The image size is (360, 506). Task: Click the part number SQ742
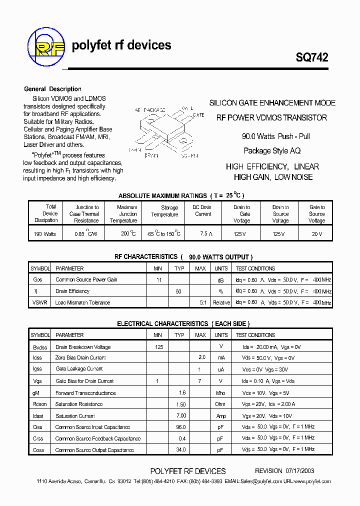point(311,57)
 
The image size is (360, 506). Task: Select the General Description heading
point(52,89)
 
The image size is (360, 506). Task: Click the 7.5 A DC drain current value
point(203,233)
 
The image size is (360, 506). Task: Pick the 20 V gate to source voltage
point(316,233)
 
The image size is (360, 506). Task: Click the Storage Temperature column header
point(165,211)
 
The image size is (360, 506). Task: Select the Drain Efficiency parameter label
point(72,291)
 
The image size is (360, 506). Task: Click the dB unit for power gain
point(220,280)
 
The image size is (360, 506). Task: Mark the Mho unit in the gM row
point(220,393)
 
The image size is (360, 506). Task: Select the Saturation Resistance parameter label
point(79,404)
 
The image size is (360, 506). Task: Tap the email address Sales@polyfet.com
point(260,481)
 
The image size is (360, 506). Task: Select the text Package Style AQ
point(272,150)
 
